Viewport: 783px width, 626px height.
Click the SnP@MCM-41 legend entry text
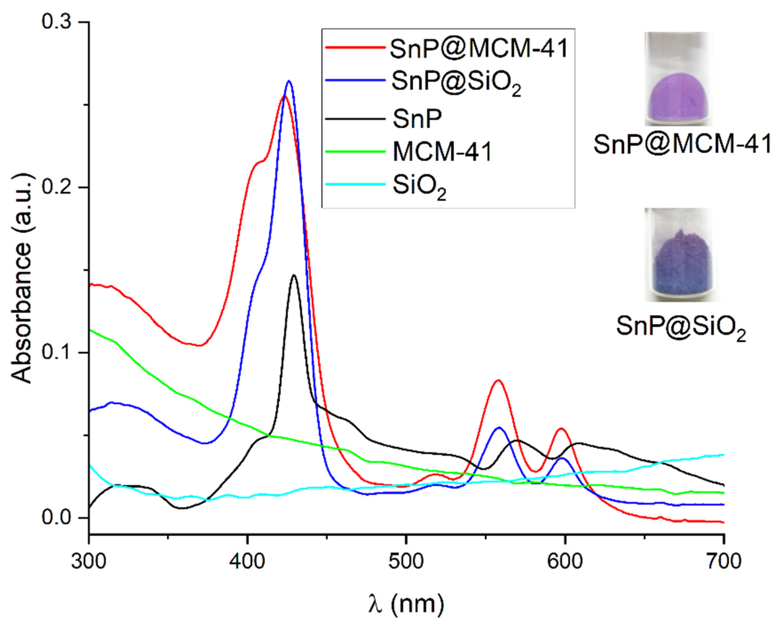tap(479, 48)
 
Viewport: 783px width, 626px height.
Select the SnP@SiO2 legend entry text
tap(456, 83)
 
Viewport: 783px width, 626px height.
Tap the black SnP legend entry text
tap(417, 119)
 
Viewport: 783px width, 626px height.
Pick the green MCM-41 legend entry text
tap(442, 152)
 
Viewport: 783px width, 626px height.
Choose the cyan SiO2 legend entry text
tap(419, 187)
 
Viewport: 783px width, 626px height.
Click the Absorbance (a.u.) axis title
tap(21, 278)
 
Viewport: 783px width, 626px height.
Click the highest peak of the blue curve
tap(289, 81)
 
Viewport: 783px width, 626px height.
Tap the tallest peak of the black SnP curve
tap(294, 275)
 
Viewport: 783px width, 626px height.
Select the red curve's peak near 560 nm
tap(498, 381)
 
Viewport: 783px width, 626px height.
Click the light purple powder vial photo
tap(678, 79)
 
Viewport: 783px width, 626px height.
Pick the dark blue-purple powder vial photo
tap(678, 254)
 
